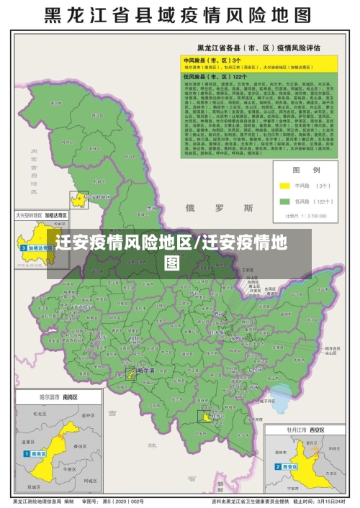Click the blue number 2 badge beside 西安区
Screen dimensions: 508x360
click(277, 466)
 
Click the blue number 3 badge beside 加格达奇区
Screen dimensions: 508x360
click(24, 248)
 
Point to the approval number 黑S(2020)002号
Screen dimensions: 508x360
click(124, 501)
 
